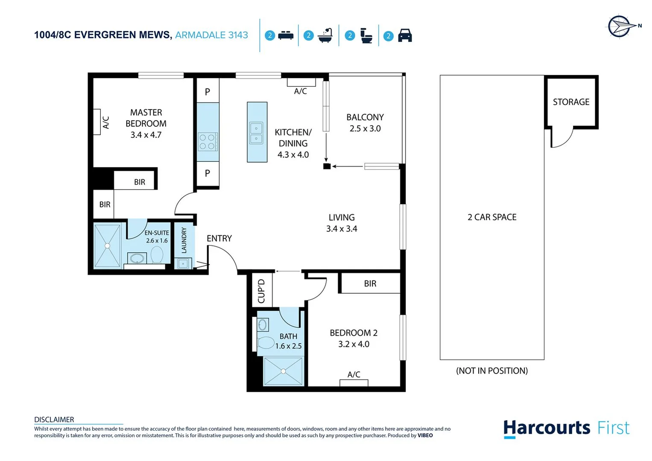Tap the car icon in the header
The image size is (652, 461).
click(x=405, y=36)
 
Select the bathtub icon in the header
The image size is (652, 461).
click(x=325, y=35)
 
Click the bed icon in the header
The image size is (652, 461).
click(x=286, y=36)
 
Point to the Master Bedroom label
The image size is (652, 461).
click(x=146, y=123)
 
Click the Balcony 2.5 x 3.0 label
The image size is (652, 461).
click(x=365, y=123)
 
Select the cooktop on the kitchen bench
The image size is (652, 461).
click(x=208, y=142)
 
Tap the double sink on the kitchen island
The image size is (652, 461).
click(x=256, y=133)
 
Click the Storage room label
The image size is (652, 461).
click(x=571, y=102)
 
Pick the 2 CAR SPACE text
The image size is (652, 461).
click(x=492, y=217)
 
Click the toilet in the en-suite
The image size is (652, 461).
click(x=157, y=255)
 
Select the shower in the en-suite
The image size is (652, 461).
click(x=107, y=246)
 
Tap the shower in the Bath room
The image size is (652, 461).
click(x=283, y=371)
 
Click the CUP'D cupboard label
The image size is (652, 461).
click(x=261, y=291)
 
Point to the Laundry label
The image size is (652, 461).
click(x=184, y=240)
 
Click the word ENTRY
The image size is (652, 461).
click(x=219, y=239)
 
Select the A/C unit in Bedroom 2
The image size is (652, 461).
click(x=354, y=382)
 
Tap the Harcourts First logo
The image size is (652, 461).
click(x=566, y=428)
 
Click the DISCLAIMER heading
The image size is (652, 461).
click(x=54, y=420)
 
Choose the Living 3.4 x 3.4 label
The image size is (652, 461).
click(x=342, y=223)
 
